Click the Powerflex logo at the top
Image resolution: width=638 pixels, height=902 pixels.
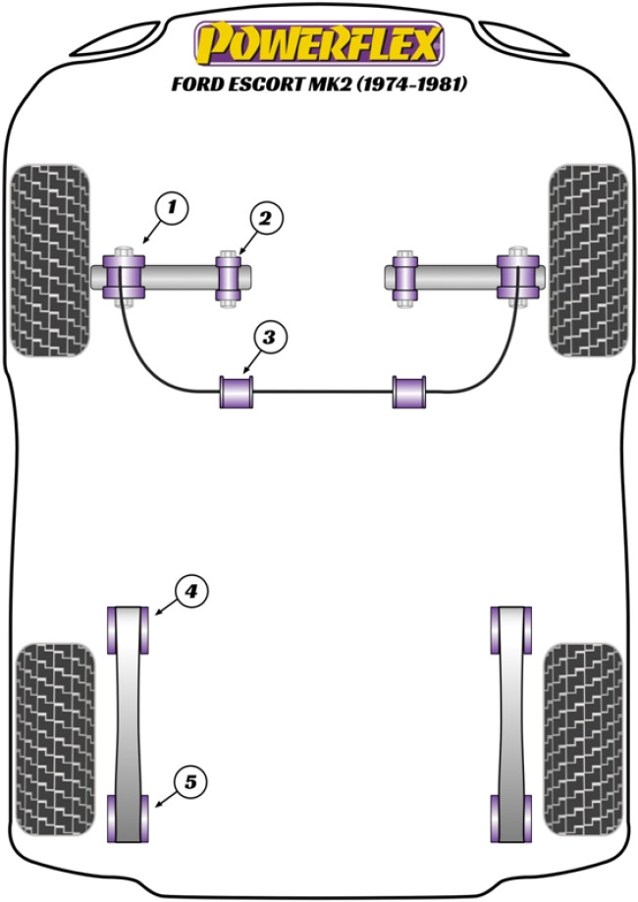[x=319, y=44]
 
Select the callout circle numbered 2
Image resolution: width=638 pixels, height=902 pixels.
[x=264, y=218]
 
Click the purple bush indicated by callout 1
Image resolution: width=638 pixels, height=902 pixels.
[x=124, y=275]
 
